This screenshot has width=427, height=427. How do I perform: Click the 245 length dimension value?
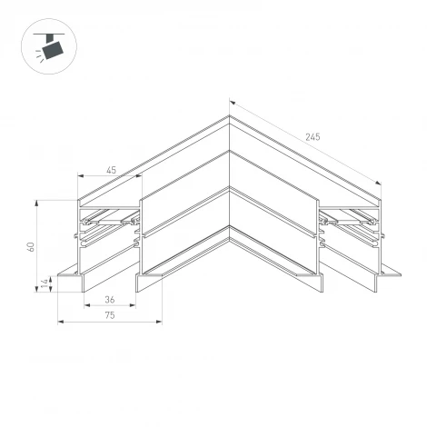pos(313,137)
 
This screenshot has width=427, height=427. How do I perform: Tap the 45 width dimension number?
pos(110,170)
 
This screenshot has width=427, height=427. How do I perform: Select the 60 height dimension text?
pos(30,246)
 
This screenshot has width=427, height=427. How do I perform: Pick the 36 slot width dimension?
pos(110,299)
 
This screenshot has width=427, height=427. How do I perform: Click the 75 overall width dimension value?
pos(109,314)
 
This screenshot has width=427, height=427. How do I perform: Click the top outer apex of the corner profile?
pos(229,115)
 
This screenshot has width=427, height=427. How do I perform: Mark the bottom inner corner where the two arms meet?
pos(229,241)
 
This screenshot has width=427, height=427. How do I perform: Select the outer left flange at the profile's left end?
pos(67,273)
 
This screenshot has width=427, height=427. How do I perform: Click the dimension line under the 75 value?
pos(109,321)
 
